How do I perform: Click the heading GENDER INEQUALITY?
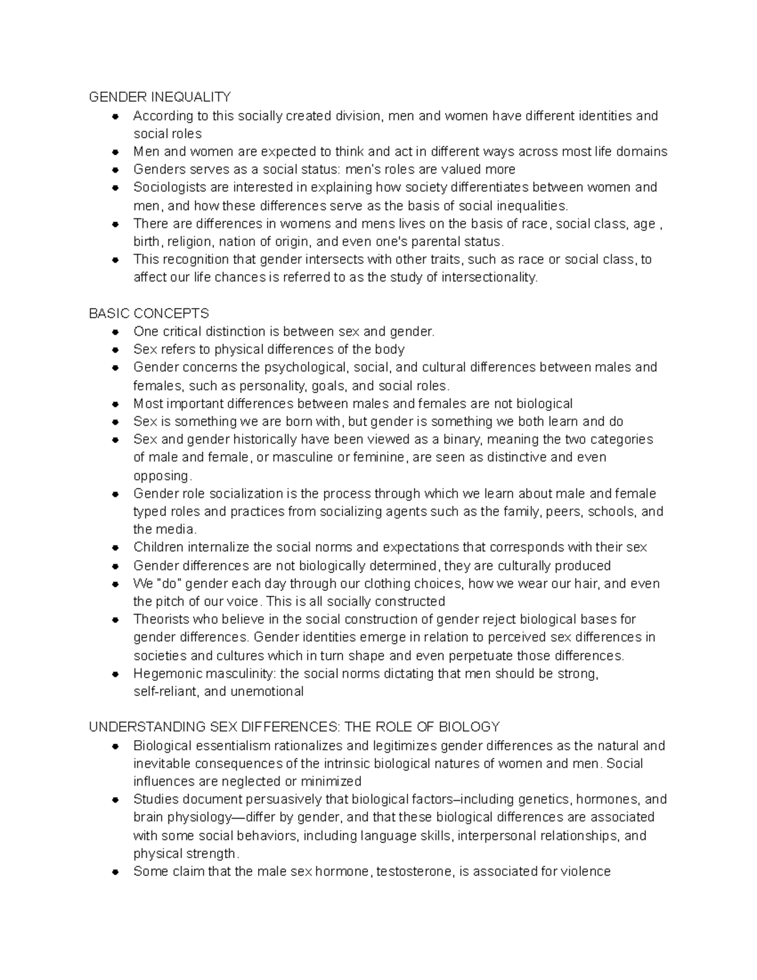click(x=160, y=97)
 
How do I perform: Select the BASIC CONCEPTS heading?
click(x=149, y=314)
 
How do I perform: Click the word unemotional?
click(x=267, y=692)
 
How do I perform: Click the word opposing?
click(x=161, y=476)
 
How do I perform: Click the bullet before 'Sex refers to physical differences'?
click(x=115, y=350)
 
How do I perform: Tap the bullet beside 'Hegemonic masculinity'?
click(x=115, y=674)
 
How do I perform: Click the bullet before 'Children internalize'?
click(x=115, y=548)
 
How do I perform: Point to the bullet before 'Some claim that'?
click(x=115, y=872)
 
